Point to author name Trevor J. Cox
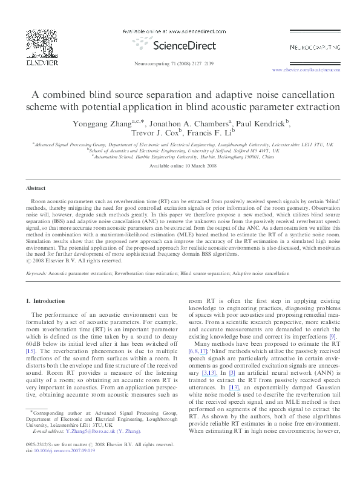click(x=153, y=133)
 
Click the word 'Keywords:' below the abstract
click(x=36, y=273)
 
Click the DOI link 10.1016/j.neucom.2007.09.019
click(x=66, y=467)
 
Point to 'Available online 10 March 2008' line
click(x=180, y=166)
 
